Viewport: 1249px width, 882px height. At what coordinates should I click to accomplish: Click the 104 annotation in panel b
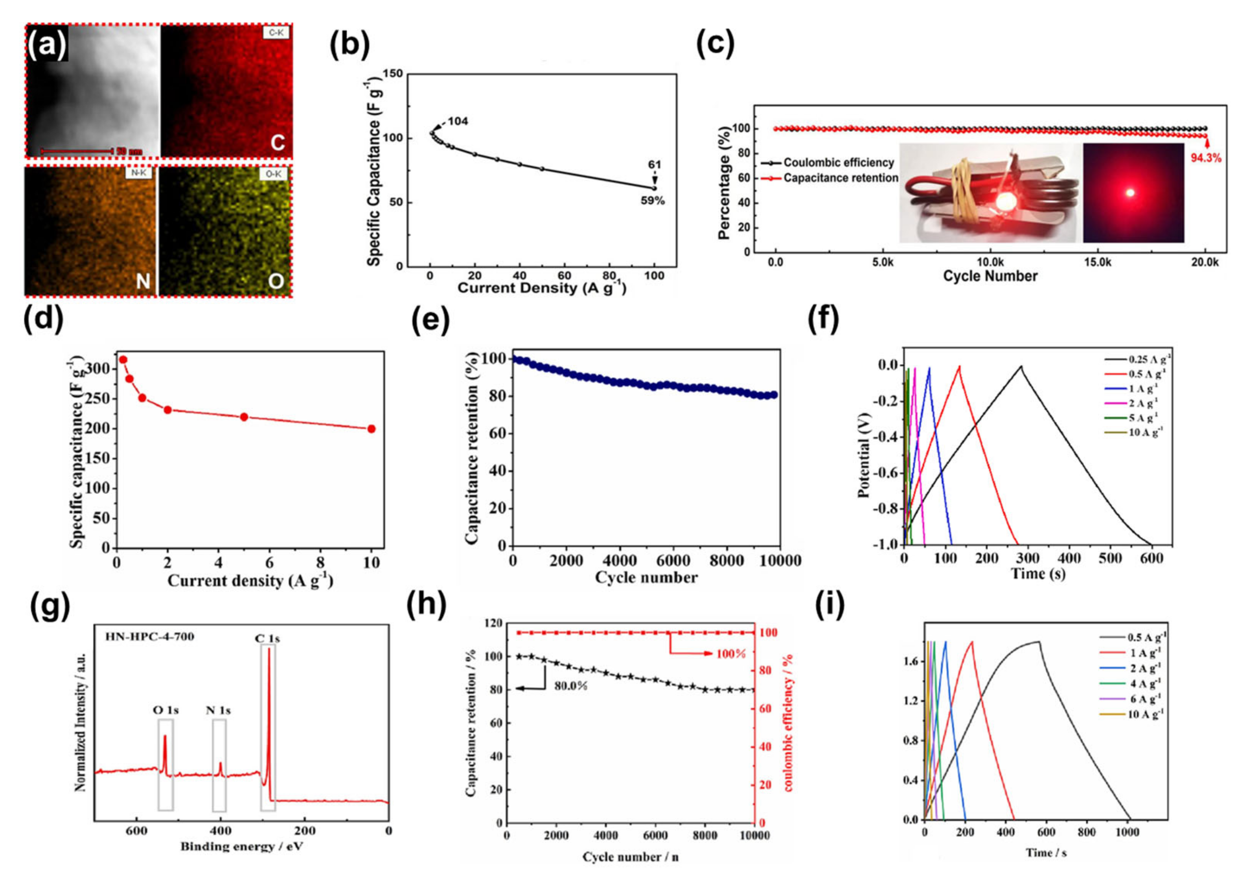(458, 121)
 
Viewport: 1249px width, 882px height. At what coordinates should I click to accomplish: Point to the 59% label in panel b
(652, 201)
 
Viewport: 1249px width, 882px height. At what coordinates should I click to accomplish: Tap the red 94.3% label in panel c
(1206, 158)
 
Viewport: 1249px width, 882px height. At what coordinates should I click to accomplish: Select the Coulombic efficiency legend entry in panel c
(838, 163)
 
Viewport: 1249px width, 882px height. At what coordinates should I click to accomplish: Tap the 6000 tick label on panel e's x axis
(673, 561)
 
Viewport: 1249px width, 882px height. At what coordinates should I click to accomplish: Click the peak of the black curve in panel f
(1021, 366)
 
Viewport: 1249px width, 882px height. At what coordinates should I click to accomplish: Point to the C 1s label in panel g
(267, 638)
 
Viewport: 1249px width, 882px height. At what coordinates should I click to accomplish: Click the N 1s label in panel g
(218, 710)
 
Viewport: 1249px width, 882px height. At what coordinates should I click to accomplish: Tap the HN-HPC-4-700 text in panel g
(151, 637)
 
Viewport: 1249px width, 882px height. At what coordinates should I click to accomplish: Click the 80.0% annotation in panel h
(571, 686)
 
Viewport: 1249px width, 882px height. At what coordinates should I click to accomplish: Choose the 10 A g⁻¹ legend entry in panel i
(1145, 714)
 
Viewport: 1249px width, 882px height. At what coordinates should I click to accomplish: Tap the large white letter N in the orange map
(142, 281)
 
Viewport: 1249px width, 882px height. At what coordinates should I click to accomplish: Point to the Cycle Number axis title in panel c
(990, 276)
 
